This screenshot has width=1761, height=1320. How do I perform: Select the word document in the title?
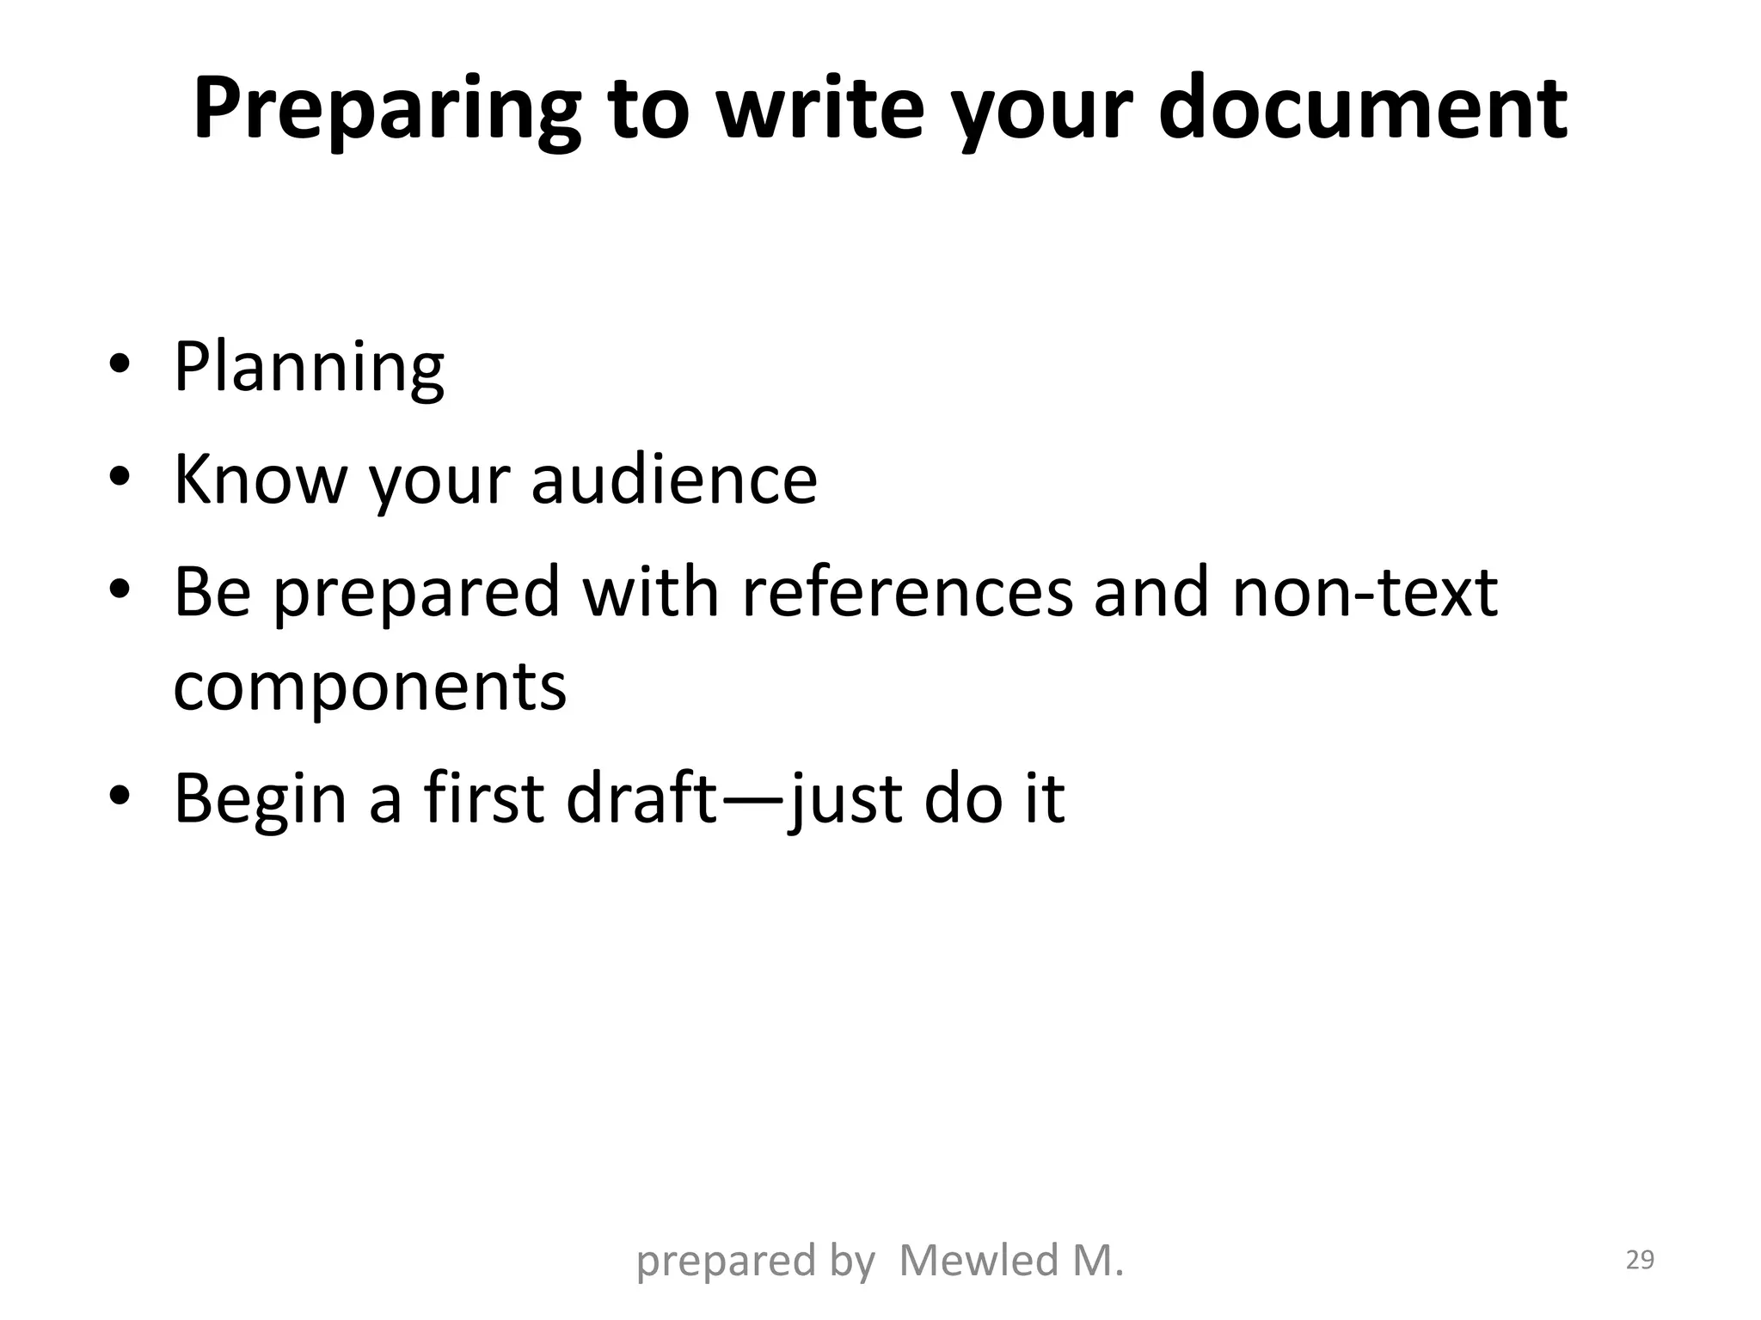tap(1363, 108)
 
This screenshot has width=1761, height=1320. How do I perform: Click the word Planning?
tap(309, 368)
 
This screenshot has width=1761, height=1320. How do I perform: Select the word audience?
tap(674, 479)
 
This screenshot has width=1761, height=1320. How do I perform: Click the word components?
tap(370, 687)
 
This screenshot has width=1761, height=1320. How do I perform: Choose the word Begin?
tap(261, 799)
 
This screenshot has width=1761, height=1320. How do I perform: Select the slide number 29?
tap(1640, 1260)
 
